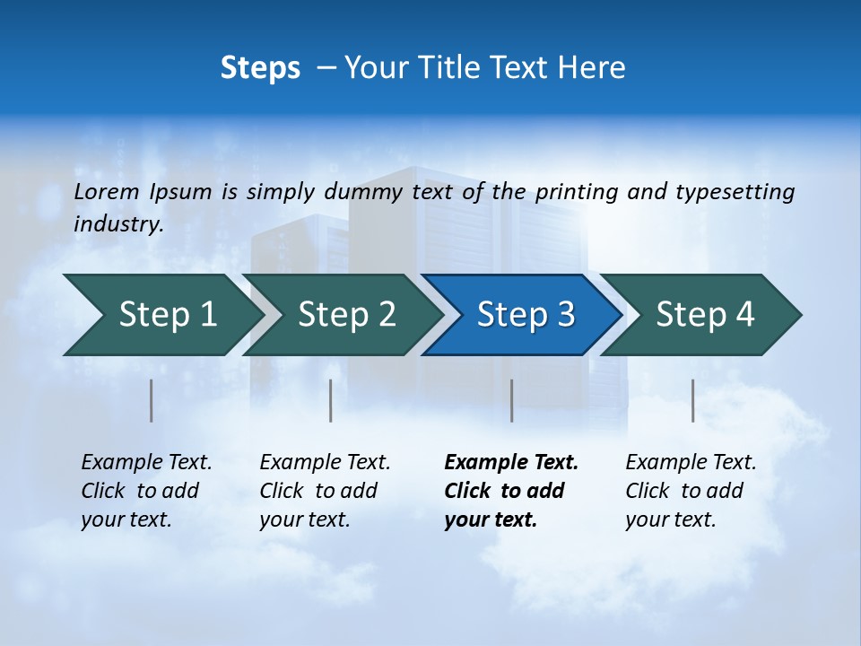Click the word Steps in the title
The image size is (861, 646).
pos(260,68)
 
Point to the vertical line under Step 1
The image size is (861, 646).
pos(152,400)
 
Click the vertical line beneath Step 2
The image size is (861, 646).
pos(331,400)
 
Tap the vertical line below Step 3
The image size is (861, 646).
pos(511,400)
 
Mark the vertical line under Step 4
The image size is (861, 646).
pos(693,400)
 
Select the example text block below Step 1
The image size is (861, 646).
pos(145,491)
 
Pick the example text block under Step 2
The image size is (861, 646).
pos(324,491)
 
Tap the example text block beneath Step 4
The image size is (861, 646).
pos(690,491)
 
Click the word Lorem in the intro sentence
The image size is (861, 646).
pos(107,191)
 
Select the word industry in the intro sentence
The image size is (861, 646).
pos(118,223)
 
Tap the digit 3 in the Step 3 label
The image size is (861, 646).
pos(564,315)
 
